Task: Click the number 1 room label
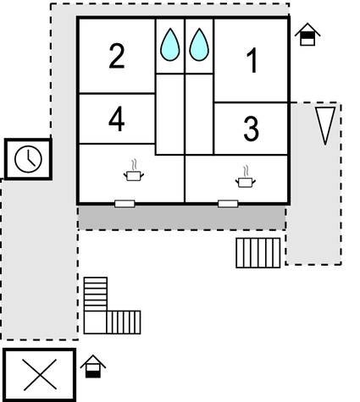click(252, 60)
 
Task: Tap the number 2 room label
click(117, 56)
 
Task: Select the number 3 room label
click(251, 129)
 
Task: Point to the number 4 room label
click(117, 118)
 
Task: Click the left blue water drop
click(170, 45)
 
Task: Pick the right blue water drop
click(199, 45)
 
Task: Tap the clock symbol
click(28, 159)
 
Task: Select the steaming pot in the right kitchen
click(246, 177)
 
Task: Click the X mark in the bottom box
click(40, 375)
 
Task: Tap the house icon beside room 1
click(307, 35)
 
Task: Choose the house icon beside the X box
click(93, 366)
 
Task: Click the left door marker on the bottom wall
click(125, 203)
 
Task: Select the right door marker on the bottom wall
click(228, 203)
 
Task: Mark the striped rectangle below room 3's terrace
click(258, 253)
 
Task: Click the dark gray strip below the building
click(182, 217)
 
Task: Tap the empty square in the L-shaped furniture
click(95, 322)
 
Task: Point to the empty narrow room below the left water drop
click(170, 114)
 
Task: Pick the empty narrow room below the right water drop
click(199, 114)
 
